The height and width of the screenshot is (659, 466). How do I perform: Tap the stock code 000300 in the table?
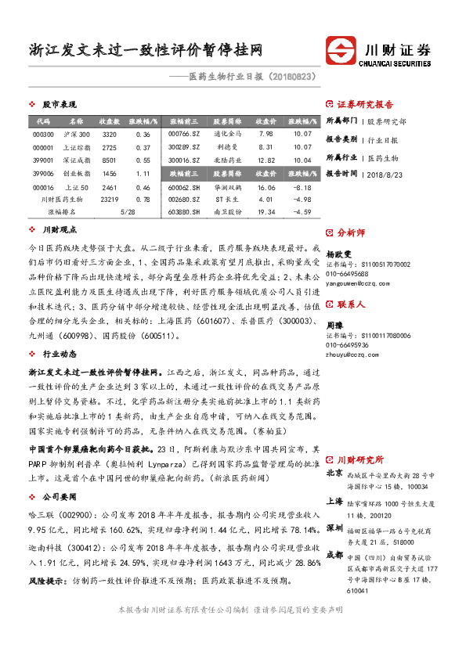43,135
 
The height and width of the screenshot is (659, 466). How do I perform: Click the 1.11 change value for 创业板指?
143,173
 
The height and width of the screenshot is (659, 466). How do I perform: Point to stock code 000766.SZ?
184,135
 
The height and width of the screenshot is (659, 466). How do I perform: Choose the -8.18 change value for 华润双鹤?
302,188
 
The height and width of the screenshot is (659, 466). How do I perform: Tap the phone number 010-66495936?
347,344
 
